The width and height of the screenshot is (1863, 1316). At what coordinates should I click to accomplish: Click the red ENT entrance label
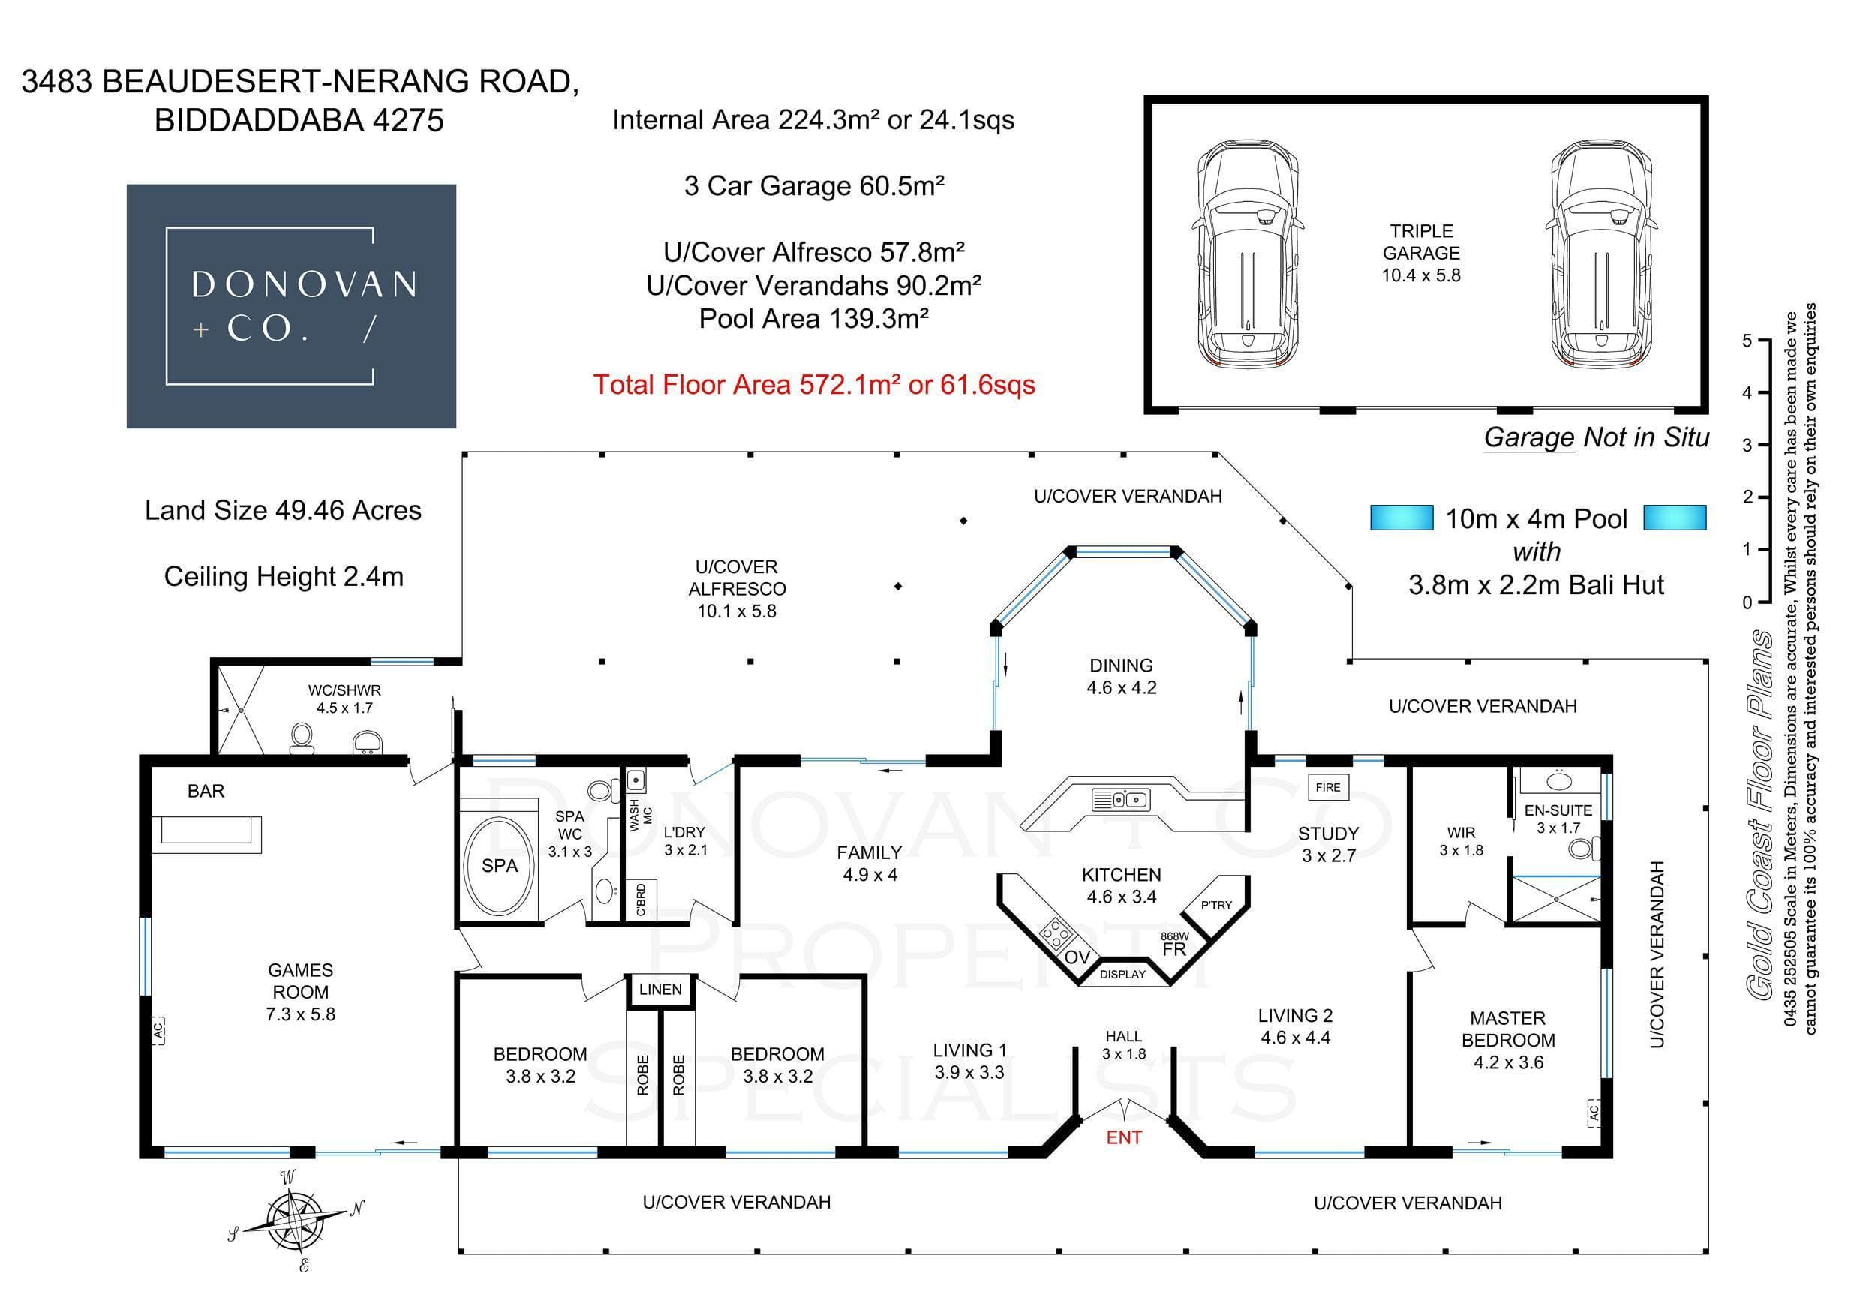(x=1123, y=1137)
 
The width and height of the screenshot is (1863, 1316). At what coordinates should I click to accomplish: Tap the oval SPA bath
(x=499, y=866)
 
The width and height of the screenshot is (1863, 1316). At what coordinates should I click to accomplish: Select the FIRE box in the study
(x=1327, y=787)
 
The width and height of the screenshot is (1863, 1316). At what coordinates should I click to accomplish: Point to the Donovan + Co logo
(x=291, y=306)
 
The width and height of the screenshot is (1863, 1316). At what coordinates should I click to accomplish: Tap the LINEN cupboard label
(x=660, y=990)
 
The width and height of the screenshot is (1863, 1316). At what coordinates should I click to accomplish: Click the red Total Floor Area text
(x=814, y=385)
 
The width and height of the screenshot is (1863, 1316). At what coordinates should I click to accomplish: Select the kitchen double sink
(x=1119, y=799)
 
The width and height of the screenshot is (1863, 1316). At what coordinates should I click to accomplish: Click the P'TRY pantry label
(x=1215, y=905)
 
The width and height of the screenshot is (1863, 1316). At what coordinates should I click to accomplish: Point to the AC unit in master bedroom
(x=1593, y=1113)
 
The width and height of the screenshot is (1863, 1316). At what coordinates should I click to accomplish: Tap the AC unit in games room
(x=158, y=1030)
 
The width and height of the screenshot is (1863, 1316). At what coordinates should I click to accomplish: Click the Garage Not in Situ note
(x=1596, y=438)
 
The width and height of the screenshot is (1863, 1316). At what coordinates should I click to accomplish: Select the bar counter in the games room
(x=211, y=834)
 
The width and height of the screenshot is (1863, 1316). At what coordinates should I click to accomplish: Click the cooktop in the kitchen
(x=1056, y=933)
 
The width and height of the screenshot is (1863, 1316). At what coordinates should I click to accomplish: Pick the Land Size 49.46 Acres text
(x=282, y=510)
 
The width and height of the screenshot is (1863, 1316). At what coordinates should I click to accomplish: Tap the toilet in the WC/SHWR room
(x=302, y=738)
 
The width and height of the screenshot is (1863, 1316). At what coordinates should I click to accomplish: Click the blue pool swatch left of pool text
(x=1402, y=518)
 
